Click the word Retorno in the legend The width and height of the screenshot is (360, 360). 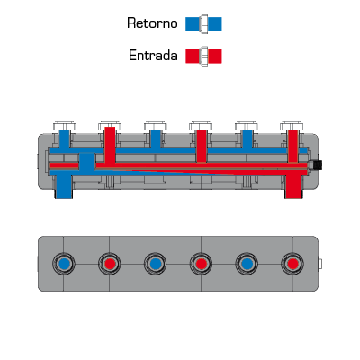pyautogui.click(x=152, y=23)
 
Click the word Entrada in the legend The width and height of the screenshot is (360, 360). pyautogui.click(x=153, y=56)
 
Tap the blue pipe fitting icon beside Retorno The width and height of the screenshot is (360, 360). pyautogui.click(x=203, y=24)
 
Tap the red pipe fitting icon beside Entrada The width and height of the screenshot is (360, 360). pyautogui.click(x=203, y=56)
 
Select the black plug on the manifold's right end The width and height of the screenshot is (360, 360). pyautogui.click(x=317, y=165)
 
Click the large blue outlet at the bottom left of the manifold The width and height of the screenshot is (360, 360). pyautogui.click(x=64, y=187)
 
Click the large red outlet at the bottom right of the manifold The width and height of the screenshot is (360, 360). pyautogui.click(x=292, y=187)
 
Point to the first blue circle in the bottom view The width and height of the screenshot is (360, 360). pyautogui.click(x=64, y=264)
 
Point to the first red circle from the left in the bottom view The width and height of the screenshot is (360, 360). pyautogui.click(x=110, y=264)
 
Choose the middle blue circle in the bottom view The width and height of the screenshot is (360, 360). pyautogui.click(x=156, y=264)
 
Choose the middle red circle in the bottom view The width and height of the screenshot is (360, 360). pyautogui.click(x=201, y=264)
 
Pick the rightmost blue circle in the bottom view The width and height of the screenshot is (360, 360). pyautogui.click(x=247, y=264)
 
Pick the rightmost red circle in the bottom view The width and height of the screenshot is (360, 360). pyautogui.click(x=292, y=264)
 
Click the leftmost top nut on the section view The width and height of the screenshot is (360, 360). pyautogui.click(x=65, y=126)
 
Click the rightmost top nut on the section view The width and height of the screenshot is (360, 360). pyautogui.click(x=292, y=126)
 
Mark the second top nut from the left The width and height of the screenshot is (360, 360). pyautogui.click(x=110, y=126)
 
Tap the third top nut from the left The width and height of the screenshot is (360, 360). pyautogui.click(x=156, y=126)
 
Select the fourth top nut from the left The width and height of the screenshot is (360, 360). pyautogui.click(x=201, y=126)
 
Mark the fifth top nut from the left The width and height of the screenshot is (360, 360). pyautogui.click(x=247, y=126)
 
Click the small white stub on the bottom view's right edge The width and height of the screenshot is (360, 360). pyautogui.click(x=320, y=264)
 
